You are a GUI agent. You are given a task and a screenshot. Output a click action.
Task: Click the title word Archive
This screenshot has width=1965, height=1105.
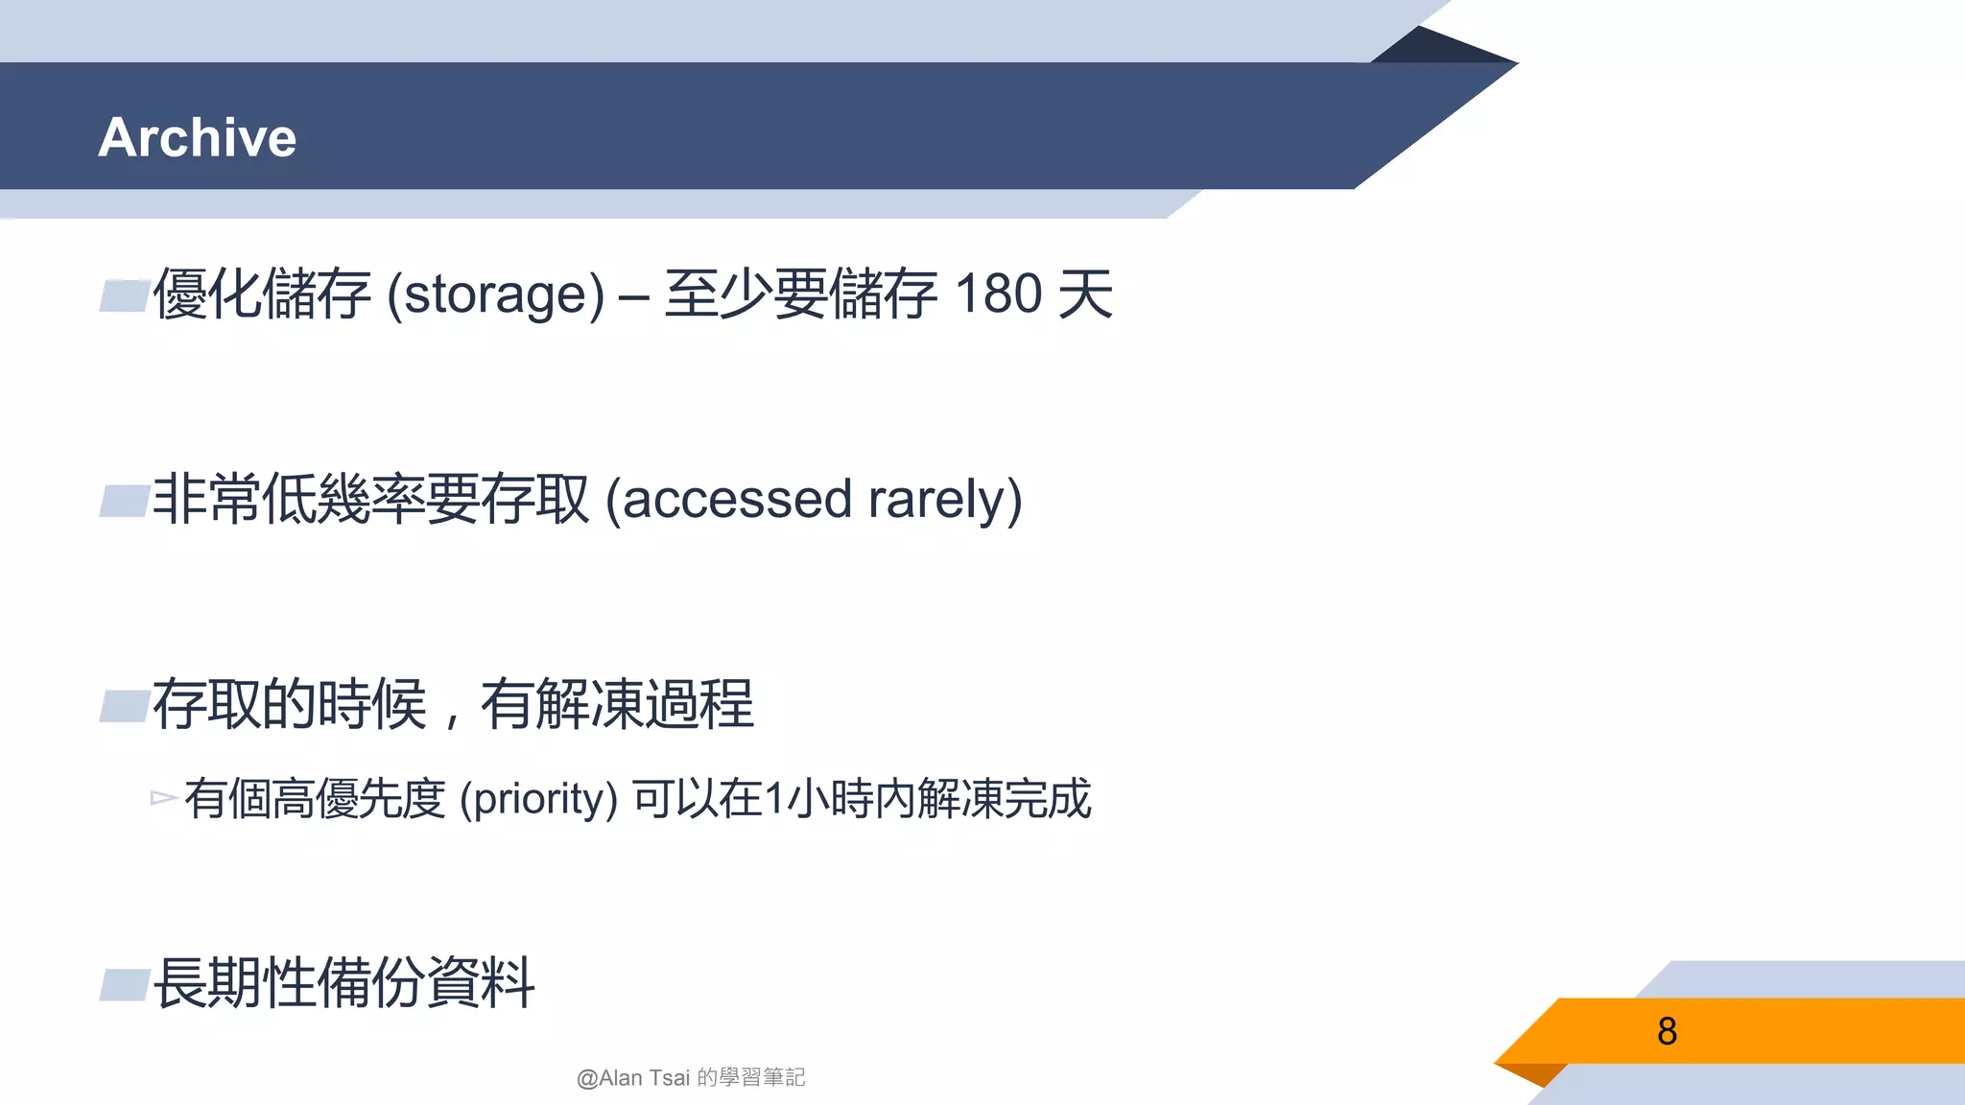[x=198, y=137]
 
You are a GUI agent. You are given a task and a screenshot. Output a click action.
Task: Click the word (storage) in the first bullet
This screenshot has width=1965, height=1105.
[x=495, y=294]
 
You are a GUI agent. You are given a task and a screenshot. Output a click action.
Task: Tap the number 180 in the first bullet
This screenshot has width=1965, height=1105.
[x=999, y=294]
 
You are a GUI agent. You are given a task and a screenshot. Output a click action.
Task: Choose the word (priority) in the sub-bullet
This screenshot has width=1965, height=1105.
[x=538, y=799]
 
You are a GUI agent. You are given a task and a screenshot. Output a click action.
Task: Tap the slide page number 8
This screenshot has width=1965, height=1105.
[x=1667, y=1031]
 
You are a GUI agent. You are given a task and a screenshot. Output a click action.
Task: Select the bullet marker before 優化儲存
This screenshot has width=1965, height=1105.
[x=125, y=295]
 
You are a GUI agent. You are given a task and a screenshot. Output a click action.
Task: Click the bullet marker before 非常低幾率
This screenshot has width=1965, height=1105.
[x=125, y=501]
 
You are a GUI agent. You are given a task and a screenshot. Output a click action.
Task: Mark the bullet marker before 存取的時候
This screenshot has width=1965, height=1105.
[x=125, y=706]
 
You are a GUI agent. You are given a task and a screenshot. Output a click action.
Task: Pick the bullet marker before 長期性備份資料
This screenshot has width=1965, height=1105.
[x=125, y=984]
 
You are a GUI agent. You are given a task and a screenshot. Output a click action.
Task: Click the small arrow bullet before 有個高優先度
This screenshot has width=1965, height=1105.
[x=163, y=798]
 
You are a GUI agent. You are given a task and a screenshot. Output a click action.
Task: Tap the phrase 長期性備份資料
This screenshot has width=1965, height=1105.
[x=343, y=983]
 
